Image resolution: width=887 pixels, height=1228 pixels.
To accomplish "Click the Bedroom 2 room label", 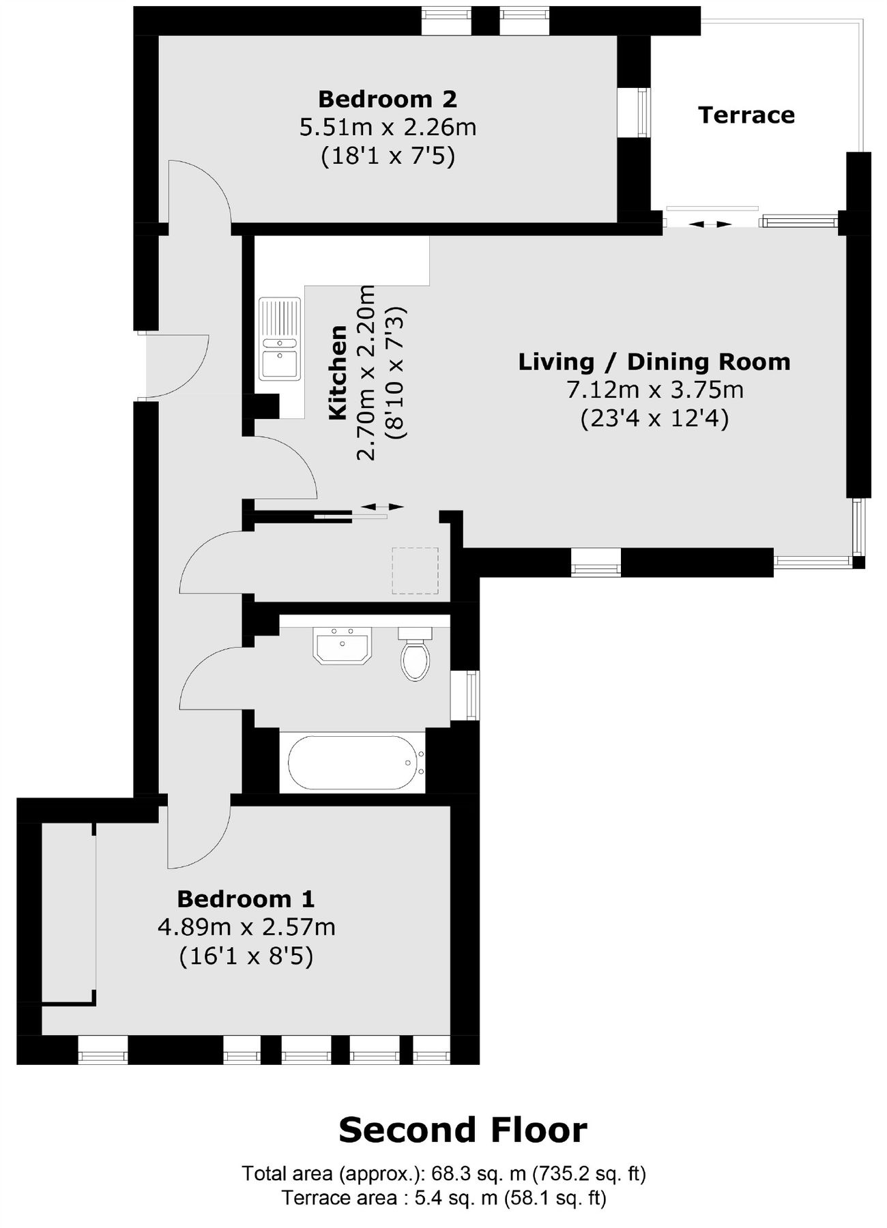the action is click(387, 100).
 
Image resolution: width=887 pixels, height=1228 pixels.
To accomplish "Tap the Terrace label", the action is click(746, 115).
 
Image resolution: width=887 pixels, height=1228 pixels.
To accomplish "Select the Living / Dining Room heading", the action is click(654, 362).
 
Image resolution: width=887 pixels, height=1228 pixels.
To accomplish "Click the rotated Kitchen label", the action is click(338, 372).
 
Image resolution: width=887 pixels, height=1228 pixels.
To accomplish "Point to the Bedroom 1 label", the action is click(246, 899).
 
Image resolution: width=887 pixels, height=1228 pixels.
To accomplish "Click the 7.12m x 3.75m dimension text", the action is click(654, 390).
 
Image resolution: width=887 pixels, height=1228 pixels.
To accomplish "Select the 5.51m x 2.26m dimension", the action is click(388, 128).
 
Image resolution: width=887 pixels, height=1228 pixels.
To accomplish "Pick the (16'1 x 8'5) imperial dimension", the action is click(246, 956).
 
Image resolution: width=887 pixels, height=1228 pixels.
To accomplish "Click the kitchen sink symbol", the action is click(280, 338).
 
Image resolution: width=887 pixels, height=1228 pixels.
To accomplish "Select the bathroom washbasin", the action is click(342, 645).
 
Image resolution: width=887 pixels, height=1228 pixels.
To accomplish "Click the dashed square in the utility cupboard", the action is click(415, 570).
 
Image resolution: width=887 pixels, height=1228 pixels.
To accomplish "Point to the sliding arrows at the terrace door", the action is click(710, 224).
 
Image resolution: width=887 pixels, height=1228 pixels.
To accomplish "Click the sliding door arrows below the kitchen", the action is click(382, 506).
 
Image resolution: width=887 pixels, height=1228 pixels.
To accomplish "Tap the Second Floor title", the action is click(463, 1130).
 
